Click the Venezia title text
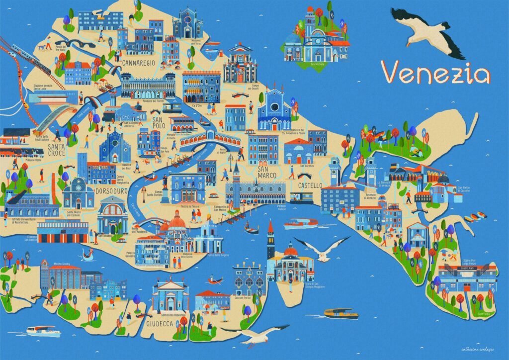coord(435,73)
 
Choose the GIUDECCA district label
coord(160,324)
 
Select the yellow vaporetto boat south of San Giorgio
coord(341,314)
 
